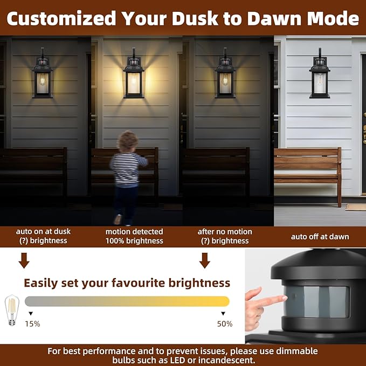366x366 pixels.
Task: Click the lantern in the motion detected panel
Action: point(134,75)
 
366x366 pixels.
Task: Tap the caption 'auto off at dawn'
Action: point(320,236)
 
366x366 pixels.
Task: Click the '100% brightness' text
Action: point(134,241)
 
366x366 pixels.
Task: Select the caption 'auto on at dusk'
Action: point(43,231)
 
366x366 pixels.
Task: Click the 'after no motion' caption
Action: point(225,231)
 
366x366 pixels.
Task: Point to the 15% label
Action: point(32,324)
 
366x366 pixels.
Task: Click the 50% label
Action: point(225,324)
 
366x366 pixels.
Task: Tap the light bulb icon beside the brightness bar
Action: point(11,310)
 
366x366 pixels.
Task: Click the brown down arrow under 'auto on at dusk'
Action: point(24,260)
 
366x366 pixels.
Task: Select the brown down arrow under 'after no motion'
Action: point(204,260)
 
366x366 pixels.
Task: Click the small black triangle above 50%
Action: point(223,313)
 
